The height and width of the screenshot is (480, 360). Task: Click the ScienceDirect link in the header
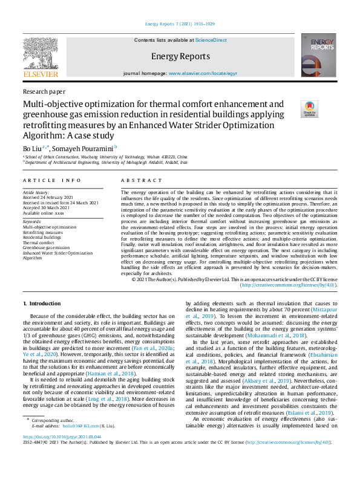pyautogui.click(x=211, y=40)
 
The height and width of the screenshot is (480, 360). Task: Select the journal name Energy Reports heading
pyautogui.click(x=180, y=56)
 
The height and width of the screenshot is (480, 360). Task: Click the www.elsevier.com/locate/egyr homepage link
pyautogui.click(x=203, y=73)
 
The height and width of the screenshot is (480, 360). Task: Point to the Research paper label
pyautogui.click(x=44, y=91)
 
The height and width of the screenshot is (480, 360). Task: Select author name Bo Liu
pyautogui.click(x=32, y=148)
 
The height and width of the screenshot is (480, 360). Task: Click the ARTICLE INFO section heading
pyautogui.click(x=51, y=180)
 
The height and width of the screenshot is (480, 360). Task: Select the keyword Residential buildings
pyautogui.click(x=43, y=237)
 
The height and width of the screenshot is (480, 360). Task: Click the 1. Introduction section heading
pyautogui.click(x=42, y=303)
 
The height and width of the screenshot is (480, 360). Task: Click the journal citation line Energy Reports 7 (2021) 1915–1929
pyautogui.click(x=180, y=25)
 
